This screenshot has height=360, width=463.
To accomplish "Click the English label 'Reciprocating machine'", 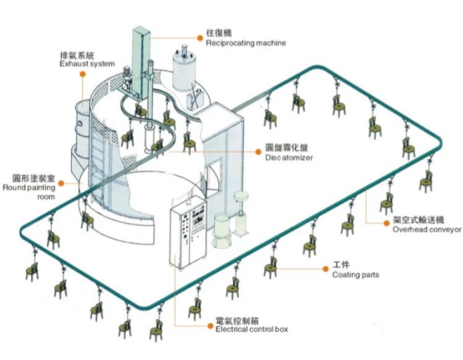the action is [246, 43].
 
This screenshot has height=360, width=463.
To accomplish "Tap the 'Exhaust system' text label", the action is [87, 63].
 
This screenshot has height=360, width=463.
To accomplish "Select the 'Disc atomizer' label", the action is [289, 158].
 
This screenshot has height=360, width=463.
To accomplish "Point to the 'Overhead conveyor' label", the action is [427, 229].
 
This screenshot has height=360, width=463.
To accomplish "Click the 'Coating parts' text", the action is [355, 275].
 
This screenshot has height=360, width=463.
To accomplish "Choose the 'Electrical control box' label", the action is [252, 329].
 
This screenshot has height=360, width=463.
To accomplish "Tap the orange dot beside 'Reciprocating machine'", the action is [200, 38].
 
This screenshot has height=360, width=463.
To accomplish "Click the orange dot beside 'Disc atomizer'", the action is [258, 152].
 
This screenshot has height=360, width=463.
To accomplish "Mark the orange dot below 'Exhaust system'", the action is [83, 74].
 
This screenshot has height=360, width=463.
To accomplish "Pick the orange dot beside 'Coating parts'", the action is [325, 269].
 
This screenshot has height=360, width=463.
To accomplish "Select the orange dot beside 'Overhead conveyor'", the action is [386, 223].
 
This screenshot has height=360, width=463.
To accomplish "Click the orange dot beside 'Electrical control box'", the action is [211, 326].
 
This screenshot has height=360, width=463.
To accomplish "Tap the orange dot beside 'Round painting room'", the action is [61, 184].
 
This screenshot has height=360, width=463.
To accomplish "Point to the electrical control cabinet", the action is [187, 231].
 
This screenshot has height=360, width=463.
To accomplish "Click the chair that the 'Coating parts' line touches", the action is [270, 267].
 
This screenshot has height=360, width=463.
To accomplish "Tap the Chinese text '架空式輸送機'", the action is [418, 220].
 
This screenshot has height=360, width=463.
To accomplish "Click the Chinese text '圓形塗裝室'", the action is [33, 178].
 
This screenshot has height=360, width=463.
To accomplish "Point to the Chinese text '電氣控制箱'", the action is [237, 320].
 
